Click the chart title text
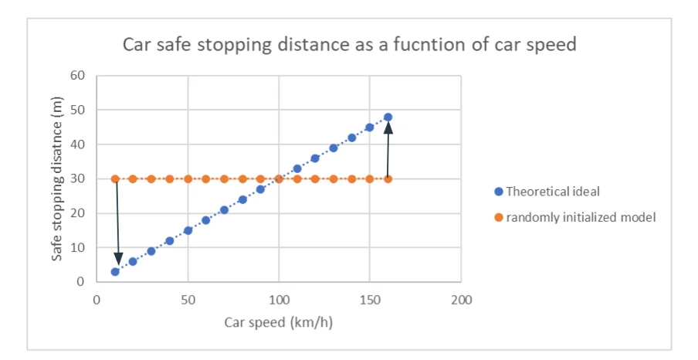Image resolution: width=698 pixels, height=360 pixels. (x=349, y=44)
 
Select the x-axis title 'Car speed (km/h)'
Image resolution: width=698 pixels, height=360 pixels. (x=279, y=321)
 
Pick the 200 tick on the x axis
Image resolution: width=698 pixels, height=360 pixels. (x=461, y=299)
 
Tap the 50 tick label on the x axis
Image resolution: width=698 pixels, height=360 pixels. (x=188, y=299)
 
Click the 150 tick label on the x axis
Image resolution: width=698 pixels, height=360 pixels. (x=370, y=299)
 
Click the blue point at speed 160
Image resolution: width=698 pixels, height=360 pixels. (x=388, y=117)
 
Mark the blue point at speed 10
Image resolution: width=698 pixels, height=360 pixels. (x=115, y=272)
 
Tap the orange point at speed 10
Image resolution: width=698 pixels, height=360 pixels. (x=115, y=179)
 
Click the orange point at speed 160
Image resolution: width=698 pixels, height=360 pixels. (x=388, y=179)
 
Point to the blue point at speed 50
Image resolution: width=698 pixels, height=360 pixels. (x=188, y=230)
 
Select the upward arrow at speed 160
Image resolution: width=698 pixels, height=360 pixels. (x=388, y=151)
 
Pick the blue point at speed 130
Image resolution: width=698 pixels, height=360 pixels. (x=334, y=148)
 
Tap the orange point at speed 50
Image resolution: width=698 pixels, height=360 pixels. (x=188, y=179)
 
